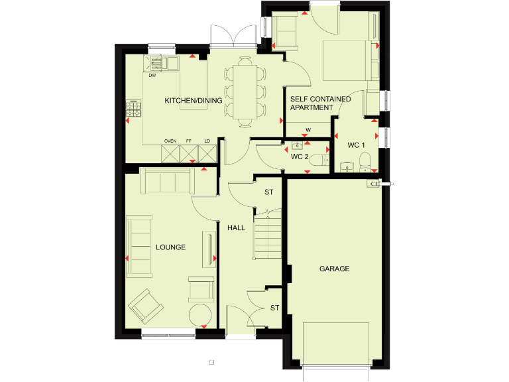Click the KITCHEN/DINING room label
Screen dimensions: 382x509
(x=194, y=100)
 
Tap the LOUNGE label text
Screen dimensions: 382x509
(x=170, y=247)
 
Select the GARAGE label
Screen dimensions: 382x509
(x=334, y=269)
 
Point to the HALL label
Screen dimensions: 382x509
(x=237, y=227)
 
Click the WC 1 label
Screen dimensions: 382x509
(x=357, y=145)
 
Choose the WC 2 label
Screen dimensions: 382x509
(x=300, y=157)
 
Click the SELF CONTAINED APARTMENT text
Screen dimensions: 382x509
(x=321, y=103)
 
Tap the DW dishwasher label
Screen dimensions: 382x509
(x=152, y=75)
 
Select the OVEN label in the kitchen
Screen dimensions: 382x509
(x=170, y=141)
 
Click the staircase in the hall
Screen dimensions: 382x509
(x=266, y=235)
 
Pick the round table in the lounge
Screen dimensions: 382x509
(x=201, y=314)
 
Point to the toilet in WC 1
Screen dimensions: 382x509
(x=364, y=160)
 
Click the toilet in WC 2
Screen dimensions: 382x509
(x=319, y=160)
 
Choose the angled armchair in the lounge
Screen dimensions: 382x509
(x=146, y=306)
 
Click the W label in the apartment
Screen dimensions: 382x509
(x=308, y=129)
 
